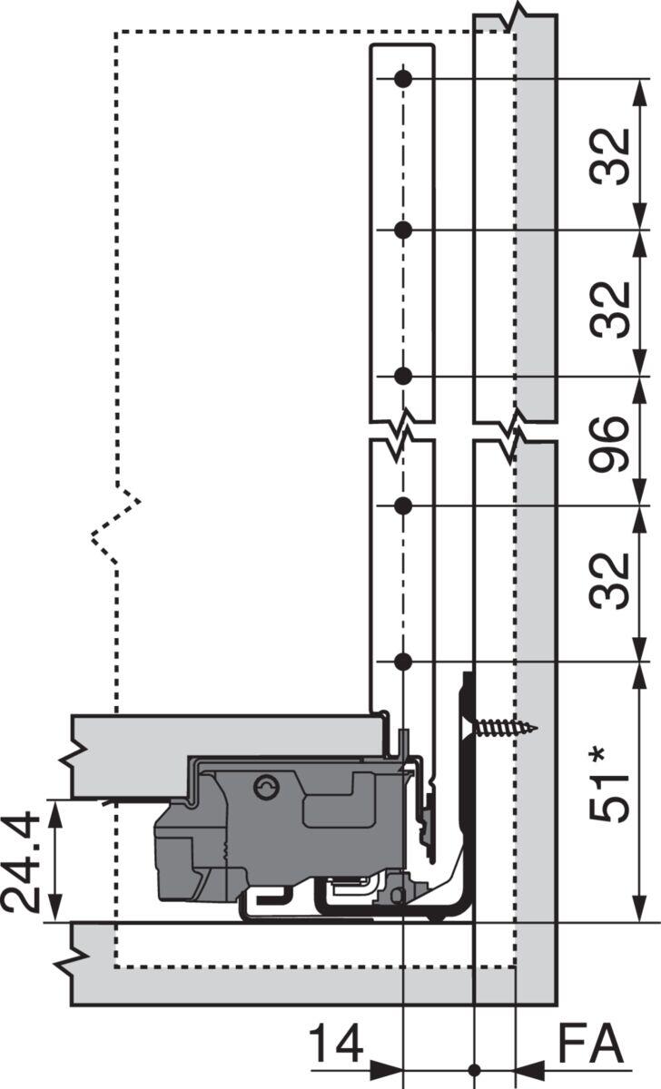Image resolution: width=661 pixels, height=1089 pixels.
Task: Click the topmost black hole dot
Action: click(404, 80)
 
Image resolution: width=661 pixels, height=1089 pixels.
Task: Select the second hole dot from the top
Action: click(404, 230)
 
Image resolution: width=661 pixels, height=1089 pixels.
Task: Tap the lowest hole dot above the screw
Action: click(404, 662)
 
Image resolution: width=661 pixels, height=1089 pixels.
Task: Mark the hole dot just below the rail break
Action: click(404, 505)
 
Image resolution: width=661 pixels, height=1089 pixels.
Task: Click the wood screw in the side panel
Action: click(504, 727)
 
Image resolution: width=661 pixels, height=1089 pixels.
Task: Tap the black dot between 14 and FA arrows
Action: click(473, 1068)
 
